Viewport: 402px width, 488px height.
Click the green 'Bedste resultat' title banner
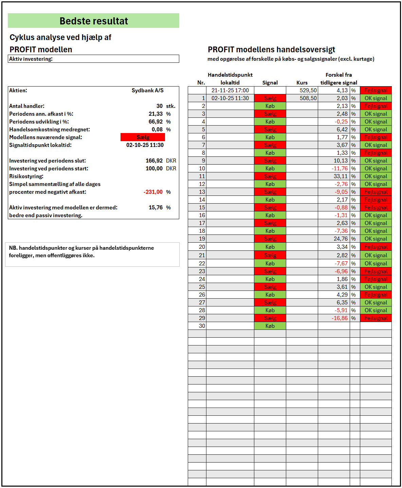[93, 21]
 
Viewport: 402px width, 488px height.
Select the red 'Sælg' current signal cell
[143, 137]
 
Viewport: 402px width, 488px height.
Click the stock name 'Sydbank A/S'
[147, 90]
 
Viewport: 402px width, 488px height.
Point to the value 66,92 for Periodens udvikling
[156, 121]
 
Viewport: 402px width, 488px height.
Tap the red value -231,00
[153, 192]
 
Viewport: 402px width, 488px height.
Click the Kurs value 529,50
[308, 90]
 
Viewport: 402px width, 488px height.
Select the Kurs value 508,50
[308, 98]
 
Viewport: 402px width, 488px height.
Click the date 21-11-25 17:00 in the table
[230, 90]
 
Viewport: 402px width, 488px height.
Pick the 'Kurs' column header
[302, 82]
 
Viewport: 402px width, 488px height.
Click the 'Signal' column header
[270, 82]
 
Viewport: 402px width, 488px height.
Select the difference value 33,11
[341, 176]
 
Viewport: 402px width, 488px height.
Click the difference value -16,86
[340, 318]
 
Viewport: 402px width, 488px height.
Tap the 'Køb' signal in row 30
[270, 326]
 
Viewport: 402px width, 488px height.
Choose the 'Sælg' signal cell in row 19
[270, 239]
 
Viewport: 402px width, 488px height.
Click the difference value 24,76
[341, 239]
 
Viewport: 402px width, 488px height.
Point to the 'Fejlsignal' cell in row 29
[376, 318]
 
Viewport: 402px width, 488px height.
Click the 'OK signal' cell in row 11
[376, 176]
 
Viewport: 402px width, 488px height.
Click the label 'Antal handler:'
[27, 106]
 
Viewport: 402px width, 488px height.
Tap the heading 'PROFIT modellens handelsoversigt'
[271, 50]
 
